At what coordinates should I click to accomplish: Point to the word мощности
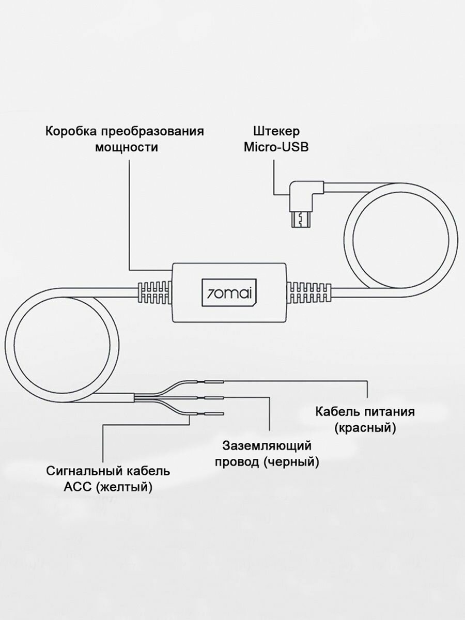pyautogui.click(x=126, y=147)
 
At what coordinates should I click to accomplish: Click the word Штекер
pyautogui.click(x=276, y=131)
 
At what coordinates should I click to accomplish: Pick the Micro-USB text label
pyautogui.click(x=276, y=147)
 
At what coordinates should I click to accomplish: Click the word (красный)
pyautogui.click(x=365, y=428)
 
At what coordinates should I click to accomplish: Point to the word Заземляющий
pyautogui.click(x=267, y=445)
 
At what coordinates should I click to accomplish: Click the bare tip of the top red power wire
pyautogui.click(x=214, y=382)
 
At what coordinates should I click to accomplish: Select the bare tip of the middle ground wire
pyautogui.click(x=214, y=398)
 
